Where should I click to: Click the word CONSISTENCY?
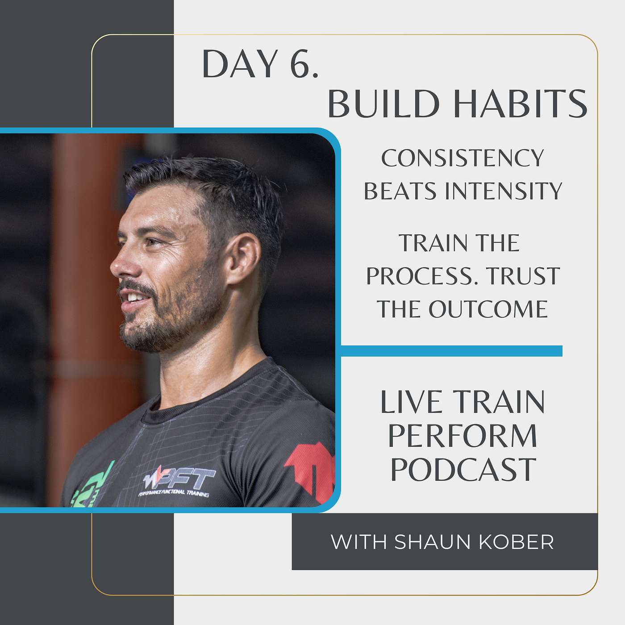pyautogui.click(x=462, y=158)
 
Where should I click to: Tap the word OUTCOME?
pyautogui.click(x=488, y=309)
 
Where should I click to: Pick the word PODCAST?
pyautogui.click(x=463, y=469)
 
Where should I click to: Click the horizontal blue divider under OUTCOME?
pyautogui.click(x=451, y=350)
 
